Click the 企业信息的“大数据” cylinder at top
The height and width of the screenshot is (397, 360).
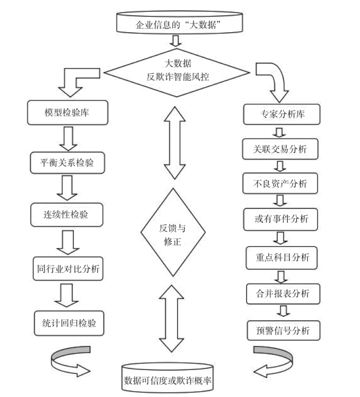[179, 23]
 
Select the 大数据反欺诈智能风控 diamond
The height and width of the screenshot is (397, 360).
[177, 73]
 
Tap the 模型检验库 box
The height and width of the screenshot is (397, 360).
[68, 112]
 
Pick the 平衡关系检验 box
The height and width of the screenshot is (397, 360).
[67, 162]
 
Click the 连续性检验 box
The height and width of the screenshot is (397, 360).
[67, 215]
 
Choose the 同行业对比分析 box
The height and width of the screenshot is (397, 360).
[68, 268]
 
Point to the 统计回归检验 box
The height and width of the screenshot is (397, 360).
[69, 323]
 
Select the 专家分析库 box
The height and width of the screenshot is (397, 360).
[282, 114]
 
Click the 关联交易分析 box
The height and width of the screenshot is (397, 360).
[280, 149]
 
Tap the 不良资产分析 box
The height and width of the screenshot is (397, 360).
[280, 184]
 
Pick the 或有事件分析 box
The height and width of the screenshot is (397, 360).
[281, 219]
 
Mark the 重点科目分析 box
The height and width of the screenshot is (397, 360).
[282, 258]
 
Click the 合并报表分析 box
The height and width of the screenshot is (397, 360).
[283, 294]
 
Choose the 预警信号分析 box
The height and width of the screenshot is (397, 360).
[283, 330]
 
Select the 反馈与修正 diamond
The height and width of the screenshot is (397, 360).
[173, 232]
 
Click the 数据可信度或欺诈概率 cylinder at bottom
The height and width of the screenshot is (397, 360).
[167, 378]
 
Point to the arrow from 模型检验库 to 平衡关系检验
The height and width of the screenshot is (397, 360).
[68, 139]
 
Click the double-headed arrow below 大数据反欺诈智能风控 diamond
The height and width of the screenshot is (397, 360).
[175, 143]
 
